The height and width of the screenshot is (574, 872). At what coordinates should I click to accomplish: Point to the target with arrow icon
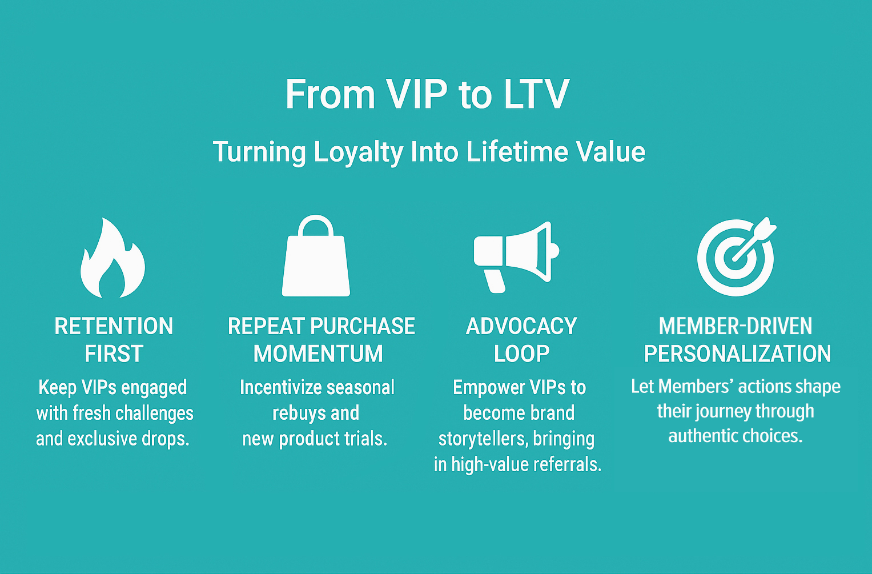(x=736, y=256)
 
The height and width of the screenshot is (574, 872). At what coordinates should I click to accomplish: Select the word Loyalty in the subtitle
(x=358, y=152)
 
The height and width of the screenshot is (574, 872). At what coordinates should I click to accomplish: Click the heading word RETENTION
(x=114, y=326)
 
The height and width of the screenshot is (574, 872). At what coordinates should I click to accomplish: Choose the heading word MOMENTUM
(x=318, y=354)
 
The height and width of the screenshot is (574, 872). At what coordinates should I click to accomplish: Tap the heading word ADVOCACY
(x=521, y=326)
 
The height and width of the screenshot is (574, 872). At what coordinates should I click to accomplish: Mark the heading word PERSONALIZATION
(x=737, y=354)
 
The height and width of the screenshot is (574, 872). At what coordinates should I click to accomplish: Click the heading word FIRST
(x=114, y=354)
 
